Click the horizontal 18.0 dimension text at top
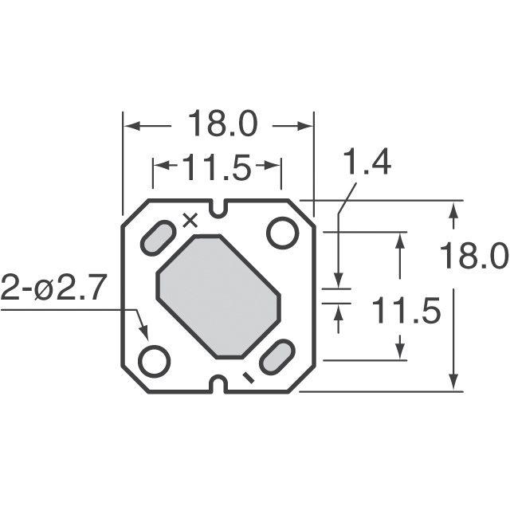click(x=222, y=126)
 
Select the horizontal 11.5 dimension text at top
click(x=217, y=167)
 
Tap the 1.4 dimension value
click(x=367, y=163)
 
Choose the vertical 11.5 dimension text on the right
click(x=406, y=312)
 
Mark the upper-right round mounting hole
click(x=282, y=233)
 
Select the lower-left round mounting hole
click(x=155, y=360)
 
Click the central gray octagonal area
click(x=218, y=296)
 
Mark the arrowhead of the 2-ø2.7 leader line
click(x=144, y=334)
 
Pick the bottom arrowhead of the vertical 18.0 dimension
click(x=453, y=383)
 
